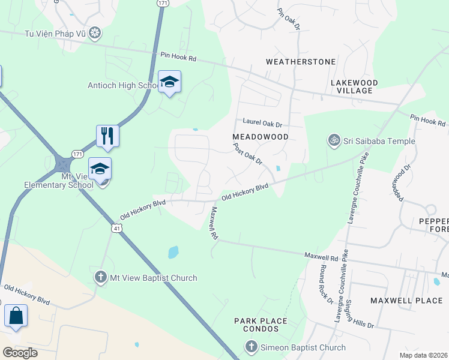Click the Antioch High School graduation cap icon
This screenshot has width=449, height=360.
point(169,82)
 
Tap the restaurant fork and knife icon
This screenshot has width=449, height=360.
point(107,136)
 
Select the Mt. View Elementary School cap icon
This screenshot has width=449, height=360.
point(100,169)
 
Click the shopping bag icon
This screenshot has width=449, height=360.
point(16,316)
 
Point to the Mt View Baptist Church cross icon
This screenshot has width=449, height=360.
point(101,277)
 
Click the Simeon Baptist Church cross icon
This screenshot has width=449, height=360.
point(251,347)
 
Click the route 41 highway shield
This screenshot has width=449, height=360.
point(116,228)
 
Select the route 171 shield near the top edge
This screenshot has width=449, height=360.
point(163,3)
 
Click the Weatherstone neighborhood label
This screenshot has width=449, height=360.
point(292,62)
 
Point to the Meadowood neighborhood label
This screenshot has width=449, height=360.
point(261,137)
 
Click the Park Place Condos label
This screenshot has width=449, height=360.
point(261,325)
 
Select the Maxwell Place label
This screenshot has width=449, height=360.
point(406,299)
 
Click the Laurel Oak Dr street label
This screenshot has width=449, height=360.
point(262,123)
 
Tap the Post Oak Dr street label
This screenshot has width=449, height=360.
point(248,153)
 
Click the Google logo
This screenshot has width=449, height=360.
point(20,353)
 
